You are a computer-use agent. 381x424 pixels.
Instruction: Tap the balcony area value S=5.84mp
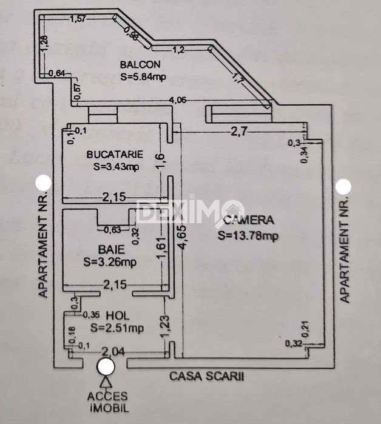click(143, 76)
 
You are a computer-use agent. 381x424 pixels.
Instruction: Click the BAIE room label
click(111, 249)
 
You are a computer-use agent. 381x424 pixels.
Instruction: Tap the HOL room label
click(116, 315)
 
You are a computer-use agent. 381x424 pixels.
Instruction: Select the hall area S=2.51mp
click(116, 328)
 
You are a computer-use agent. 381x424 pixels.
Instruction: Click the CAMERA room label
click(249, 221)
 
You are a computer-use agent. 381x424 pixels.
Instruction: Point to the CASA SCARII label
click(207, 375)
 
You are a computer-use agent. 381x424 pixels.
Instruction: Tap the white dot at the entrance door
click(107, 366)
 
